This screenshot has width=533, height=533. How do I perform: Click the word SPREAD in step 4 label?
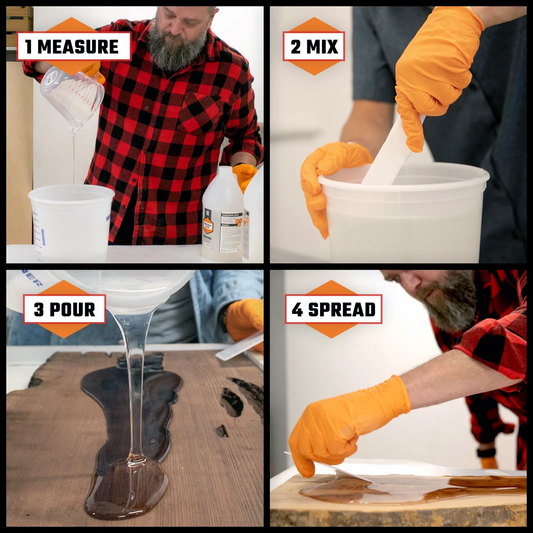click(342, 309)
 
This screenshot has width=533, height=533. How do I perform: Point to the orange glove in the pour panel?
click(243, 317)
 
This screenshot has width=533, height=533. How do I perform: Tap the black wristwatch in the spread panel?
click(481, 452)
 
